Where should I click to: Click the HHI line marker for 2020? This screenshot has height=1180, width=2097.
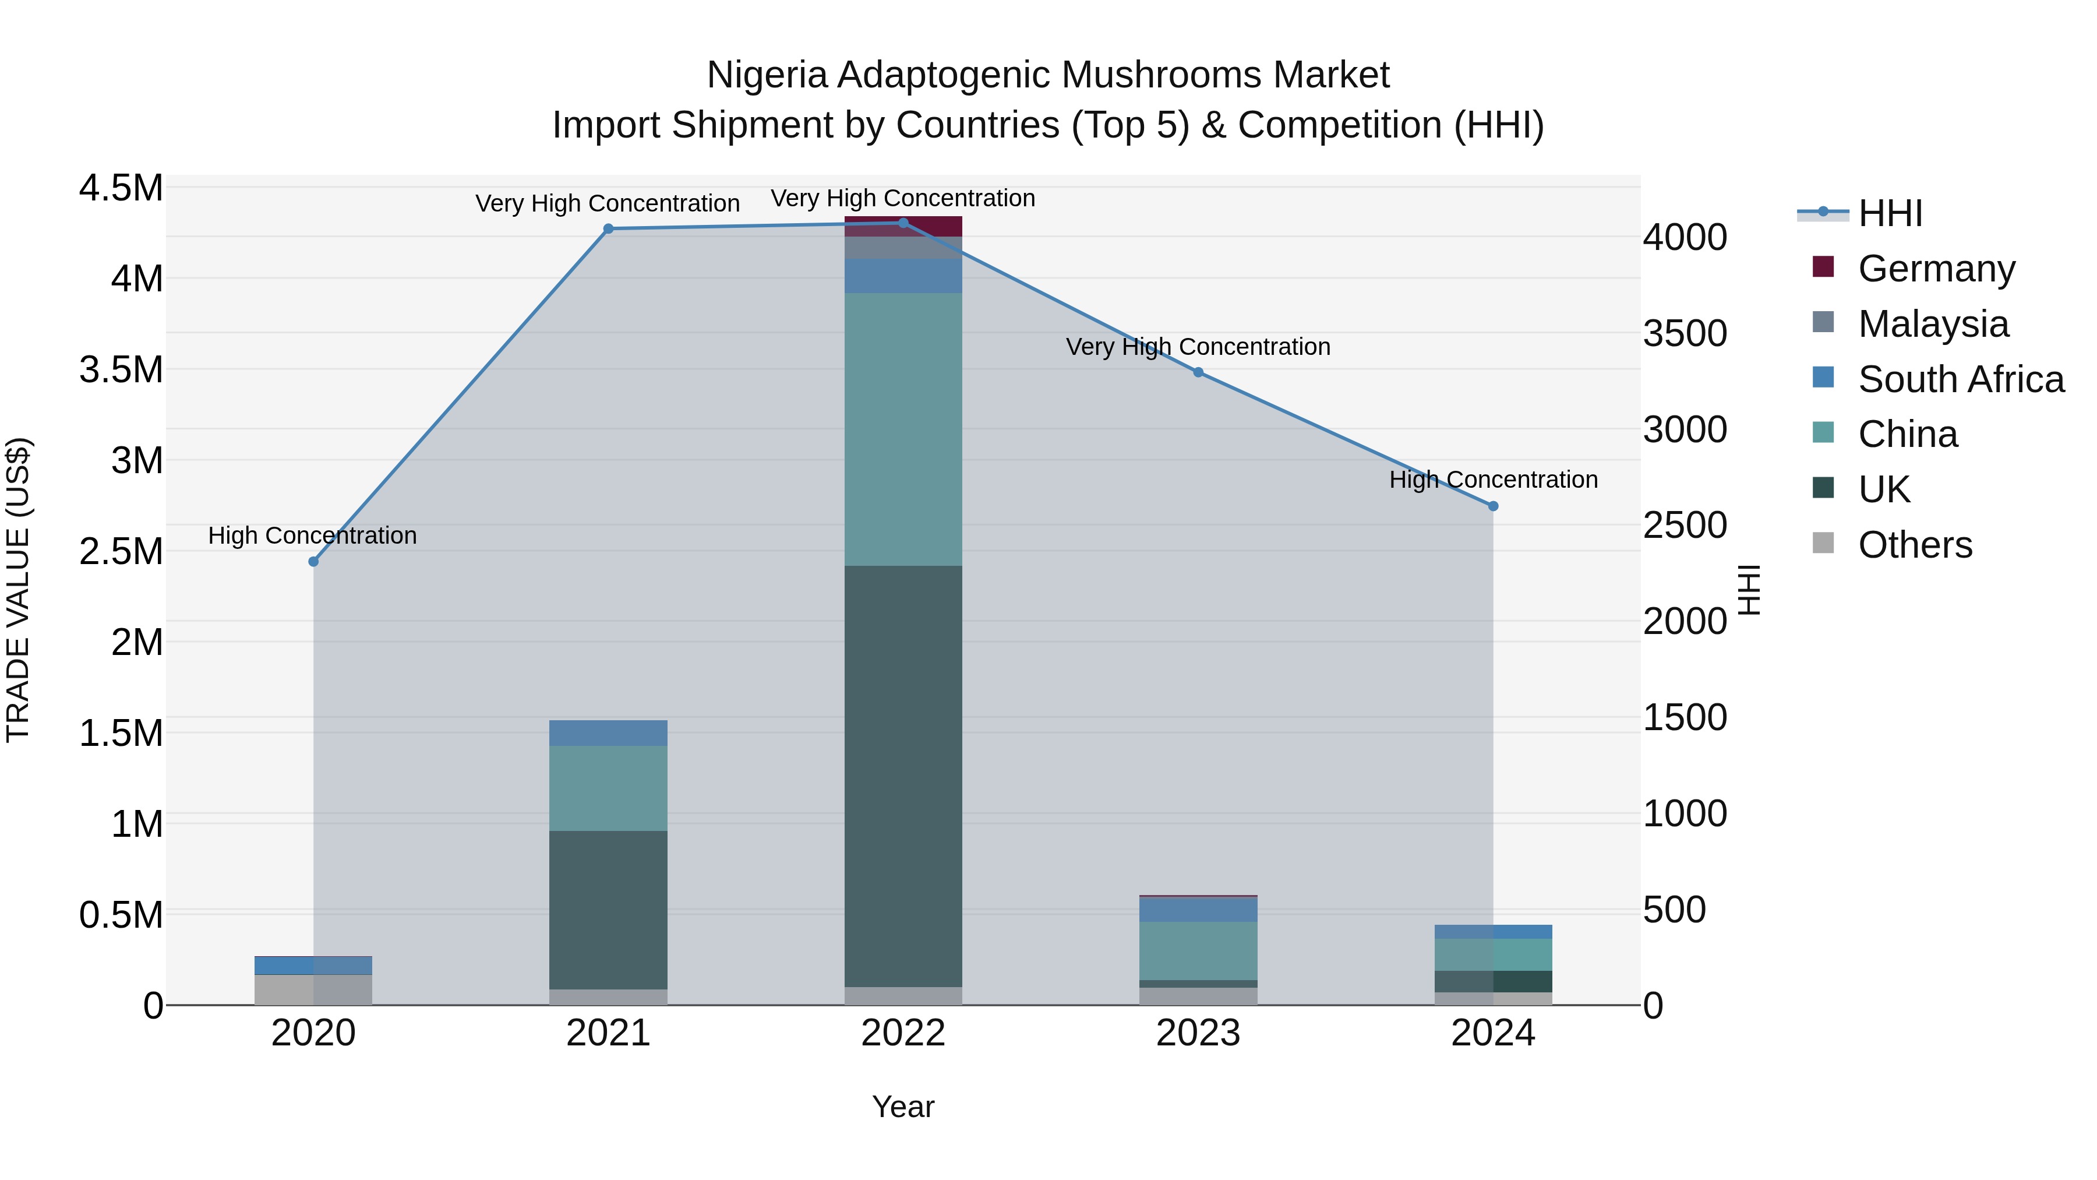coord(313,561)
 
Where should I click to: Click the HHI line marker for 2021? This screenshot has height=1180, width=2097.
coord(608,229)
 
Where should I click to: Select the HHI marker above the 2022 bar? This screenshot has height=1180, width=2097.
coord(903,223)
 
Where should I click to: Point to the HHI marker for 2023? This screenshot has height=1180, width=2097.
coord(1198,372)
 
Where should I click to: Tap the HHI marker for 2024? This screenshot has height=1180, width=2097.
coord(1493,506)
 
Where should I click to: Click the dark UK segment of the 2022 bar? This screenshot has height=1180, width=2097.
coord(903,774)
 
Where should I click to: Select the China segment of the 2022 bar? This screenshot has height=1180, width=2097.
coord(903,429)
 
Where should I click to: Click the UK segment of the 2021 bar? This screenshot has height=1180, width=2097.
coord(608,909)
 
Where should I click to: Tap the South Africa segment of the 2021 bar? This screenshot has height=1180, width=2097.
coord(608,733)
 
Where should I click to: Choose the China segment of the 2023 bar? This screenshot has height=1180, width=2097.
coord(1198,950)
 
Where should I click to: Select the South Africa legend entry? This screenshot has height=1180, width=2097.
coord(1960,379)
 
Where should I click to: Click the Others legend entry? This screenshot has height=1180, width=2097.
coord(1914,545)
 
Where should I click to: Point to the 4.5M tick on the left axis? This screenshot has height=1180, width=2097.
coord(121,188)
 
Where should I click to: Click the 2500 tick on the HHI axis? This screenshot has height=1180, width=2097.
coord(1684,525)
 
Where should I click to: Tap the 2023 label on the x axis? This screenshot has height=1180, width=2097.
coord(1198,1033)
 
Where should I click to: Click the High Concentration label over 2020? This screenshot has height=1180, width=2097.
coord(313,536)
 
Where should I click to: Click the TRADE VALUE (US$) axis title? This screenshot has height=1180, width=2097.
coord(18,590)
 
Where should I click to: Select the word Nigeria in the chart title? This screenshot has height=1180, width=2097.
coord(766,76)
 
